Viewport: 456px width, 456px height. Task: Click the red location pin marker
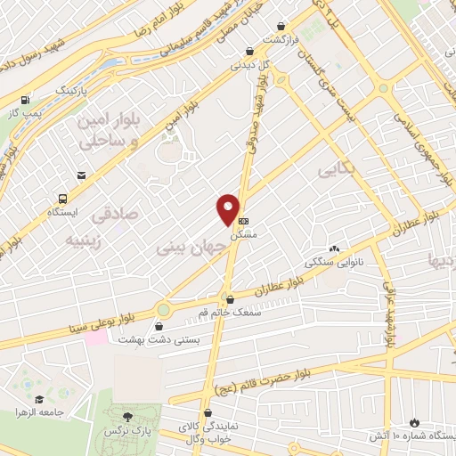pos(228,210)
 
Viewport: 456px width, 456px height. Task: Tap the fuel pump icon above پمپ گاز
pos(25,101)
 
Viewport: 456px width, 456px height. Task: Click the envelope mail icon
pos(82,175)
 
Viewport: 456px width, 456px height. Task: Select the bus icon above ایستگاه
pos(62,199)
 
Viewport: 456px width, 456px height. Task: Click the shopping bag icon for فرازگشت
pos(281,28)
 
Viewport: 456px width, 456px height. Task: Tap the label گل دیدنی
pos(248,64)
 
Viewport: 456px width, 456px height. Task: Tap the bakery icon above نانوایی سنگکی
pos(334,250)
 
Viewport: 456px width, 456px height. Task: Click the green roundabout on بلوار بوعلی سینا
pos(163,310)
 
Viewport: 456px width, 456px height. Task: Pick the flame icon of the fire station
pos(414,421)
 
